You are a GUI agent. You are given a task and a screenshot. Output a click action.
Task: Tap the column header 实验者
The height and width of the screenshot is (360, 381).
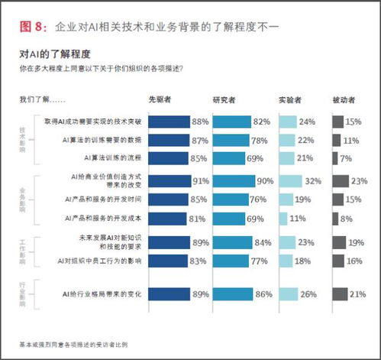292,100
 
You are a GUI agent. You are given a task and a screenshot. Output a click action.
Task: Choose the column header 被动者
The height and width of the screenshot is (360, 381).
345,100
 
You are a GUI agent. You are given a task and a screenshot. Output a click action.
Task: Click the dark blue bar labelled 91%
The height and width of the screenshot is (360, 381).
170,182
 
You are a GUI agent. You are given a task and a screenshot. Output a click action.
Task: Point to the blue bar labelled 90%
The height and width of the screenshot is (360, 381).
235,182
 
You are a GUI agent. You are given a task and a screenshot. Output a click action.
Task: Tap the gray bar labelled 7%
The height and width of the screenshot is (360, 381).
335,157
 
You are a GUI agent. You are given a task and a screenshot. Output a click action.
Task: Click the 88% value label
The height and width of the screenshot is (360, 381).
201,121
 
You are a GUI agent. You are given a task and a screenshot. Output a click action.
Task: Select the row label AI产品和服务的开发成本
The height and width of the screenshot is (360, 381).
102,219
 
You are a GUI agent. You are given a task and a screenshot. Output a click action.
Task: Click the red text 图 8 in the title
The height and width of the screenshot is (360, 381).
34,27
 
